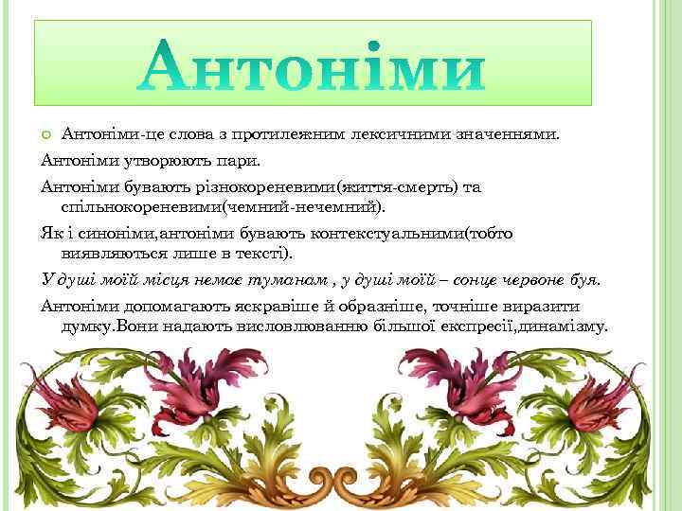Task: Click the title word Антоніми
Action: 313,64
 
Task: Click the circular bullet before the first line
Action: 47,134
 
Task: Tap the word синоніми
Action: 104,233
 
